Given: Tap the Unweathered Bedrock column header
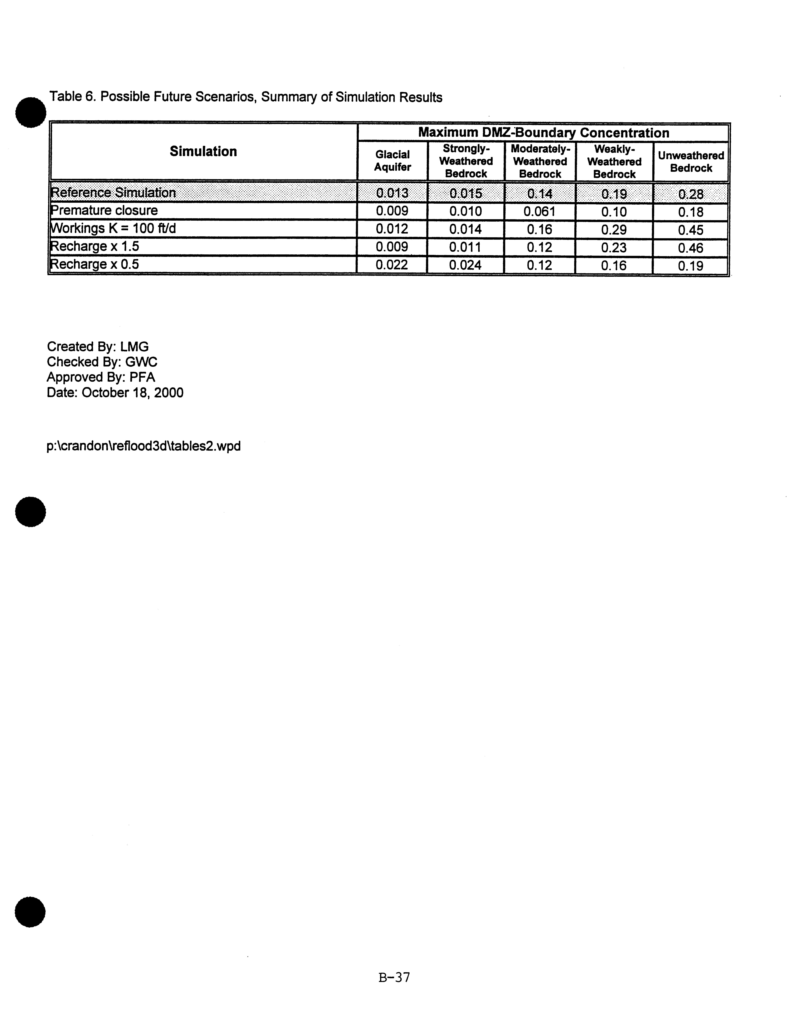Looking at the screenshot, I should (x=691, y=162).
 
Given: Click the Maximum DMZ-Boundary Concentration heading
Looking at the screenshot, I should (x=543, y=133).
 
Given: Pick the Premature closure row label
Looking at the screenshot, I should (x=104, y=210).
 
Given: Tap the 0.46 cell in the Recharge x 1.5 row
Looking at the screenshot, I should (x=690, y=248).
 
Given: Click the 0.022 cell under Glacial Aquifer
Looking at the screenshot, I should (x=392, y=265).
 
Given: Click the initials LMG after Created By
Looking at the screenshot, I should (x=134, y=347).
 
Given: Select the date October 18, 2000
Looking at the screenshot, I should (x=132, y=393).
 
